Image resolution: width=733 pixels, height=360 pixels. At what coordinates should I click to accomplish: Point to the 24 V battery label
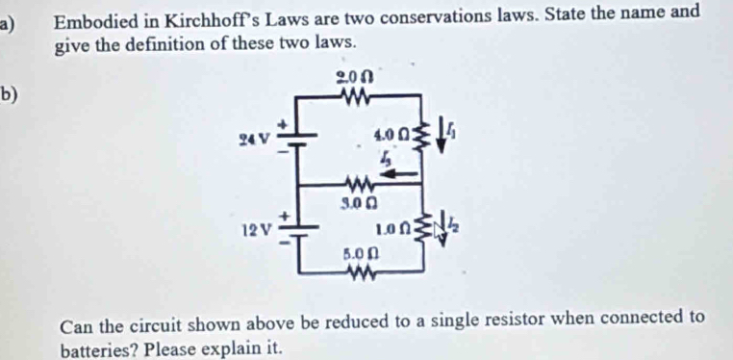click(255, 138)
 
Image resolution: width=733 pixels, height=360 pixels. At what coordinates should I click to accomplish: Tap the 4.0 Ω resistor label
click(392, 134)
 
